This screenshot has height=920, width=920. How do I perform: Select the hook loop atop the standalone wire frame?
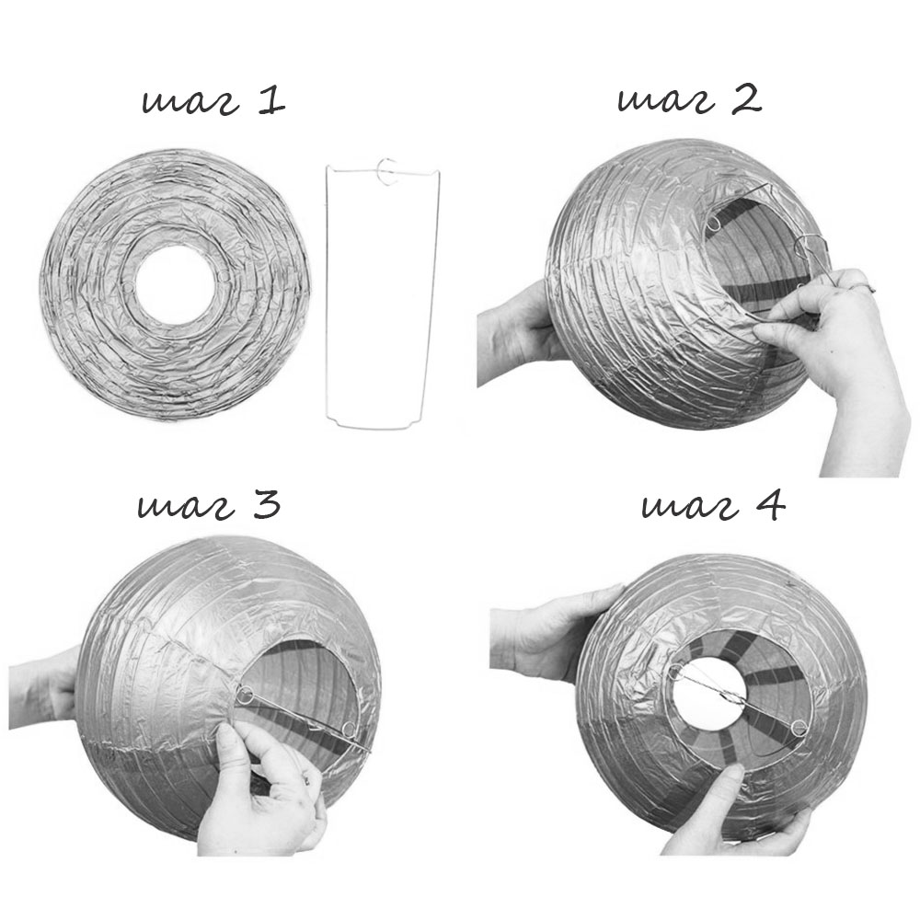[x=388, y=172]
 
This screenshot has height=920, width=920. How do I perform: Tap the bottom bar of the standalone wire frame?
[x=375, y=426]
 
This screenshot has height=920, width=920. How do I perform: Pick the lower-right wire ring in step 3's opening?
[x=349, y=730]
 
